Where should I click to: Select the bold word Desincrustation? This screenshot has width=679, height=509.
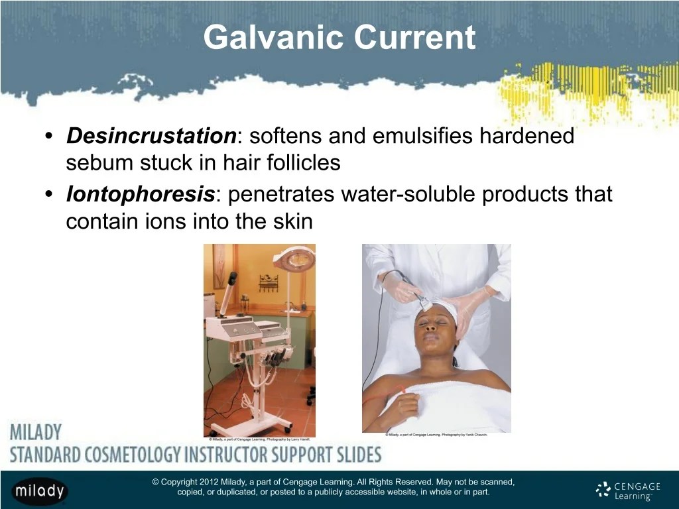151,137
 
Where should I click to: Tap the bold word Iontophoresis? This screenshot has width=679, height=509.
140,195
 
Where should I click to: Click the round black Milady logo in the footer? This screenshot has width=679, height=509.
39,490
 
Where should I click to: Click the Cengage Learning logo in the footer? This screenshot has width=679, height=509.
628,490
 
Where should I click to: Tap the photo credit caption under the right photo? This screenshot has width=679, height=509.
436,435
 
